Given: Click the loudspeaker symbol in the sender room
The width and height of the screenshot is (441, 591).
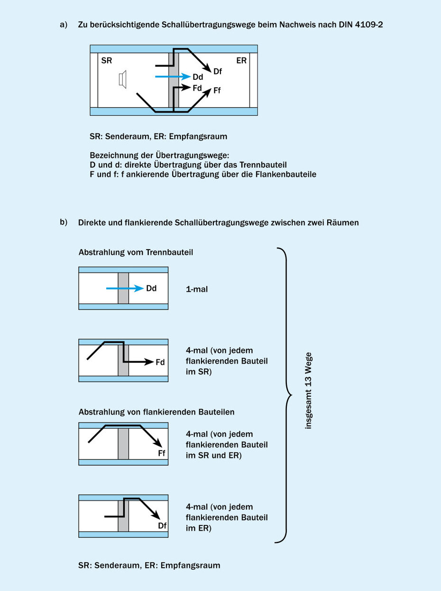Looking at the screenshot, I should [x=123, y=79].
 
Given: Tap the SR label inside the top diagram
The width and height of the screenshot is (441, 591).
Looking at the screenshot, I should [x=107, y=61].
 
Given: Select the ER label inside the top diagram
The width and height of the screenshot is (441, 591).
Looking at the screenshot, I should [x=241, y=61].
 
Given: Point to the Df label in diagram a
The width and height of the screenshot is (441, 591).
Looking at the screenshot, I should [x=218, y=71].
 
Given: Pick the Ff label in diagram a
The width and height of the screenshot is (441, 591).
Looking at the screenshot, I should [x=218, y=90].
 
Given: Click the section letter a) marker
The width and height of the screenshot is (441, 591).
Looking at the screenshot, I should [x=64, y=25].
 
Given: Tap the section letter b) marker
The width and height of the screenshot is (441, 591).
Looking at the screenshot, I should [x=64, y=222].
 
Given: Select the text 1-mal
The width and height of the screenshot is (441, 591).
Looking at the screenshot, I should [x=197, y=289].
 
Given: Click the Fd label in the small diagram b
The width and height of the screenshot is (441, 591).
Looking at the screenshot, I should [x=160, y=362].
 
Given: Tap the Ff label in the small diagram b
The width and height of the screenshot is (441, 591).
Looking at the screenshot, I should [x=162, y=453].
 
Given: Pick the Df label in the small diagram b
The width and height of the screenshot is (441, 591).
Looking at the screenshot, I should [x=162, y=526].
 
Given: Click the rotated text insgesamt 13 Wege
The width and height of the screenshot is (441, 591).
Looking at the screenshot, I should [x=309, y=391].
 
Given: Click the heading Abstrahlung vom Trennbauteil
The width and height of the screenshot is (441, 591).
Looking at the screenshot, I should [x=136, y=253].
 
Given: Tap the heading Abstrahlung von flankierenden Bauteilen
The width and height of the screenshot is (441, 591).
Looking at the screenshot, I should [x=156, y=412].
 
